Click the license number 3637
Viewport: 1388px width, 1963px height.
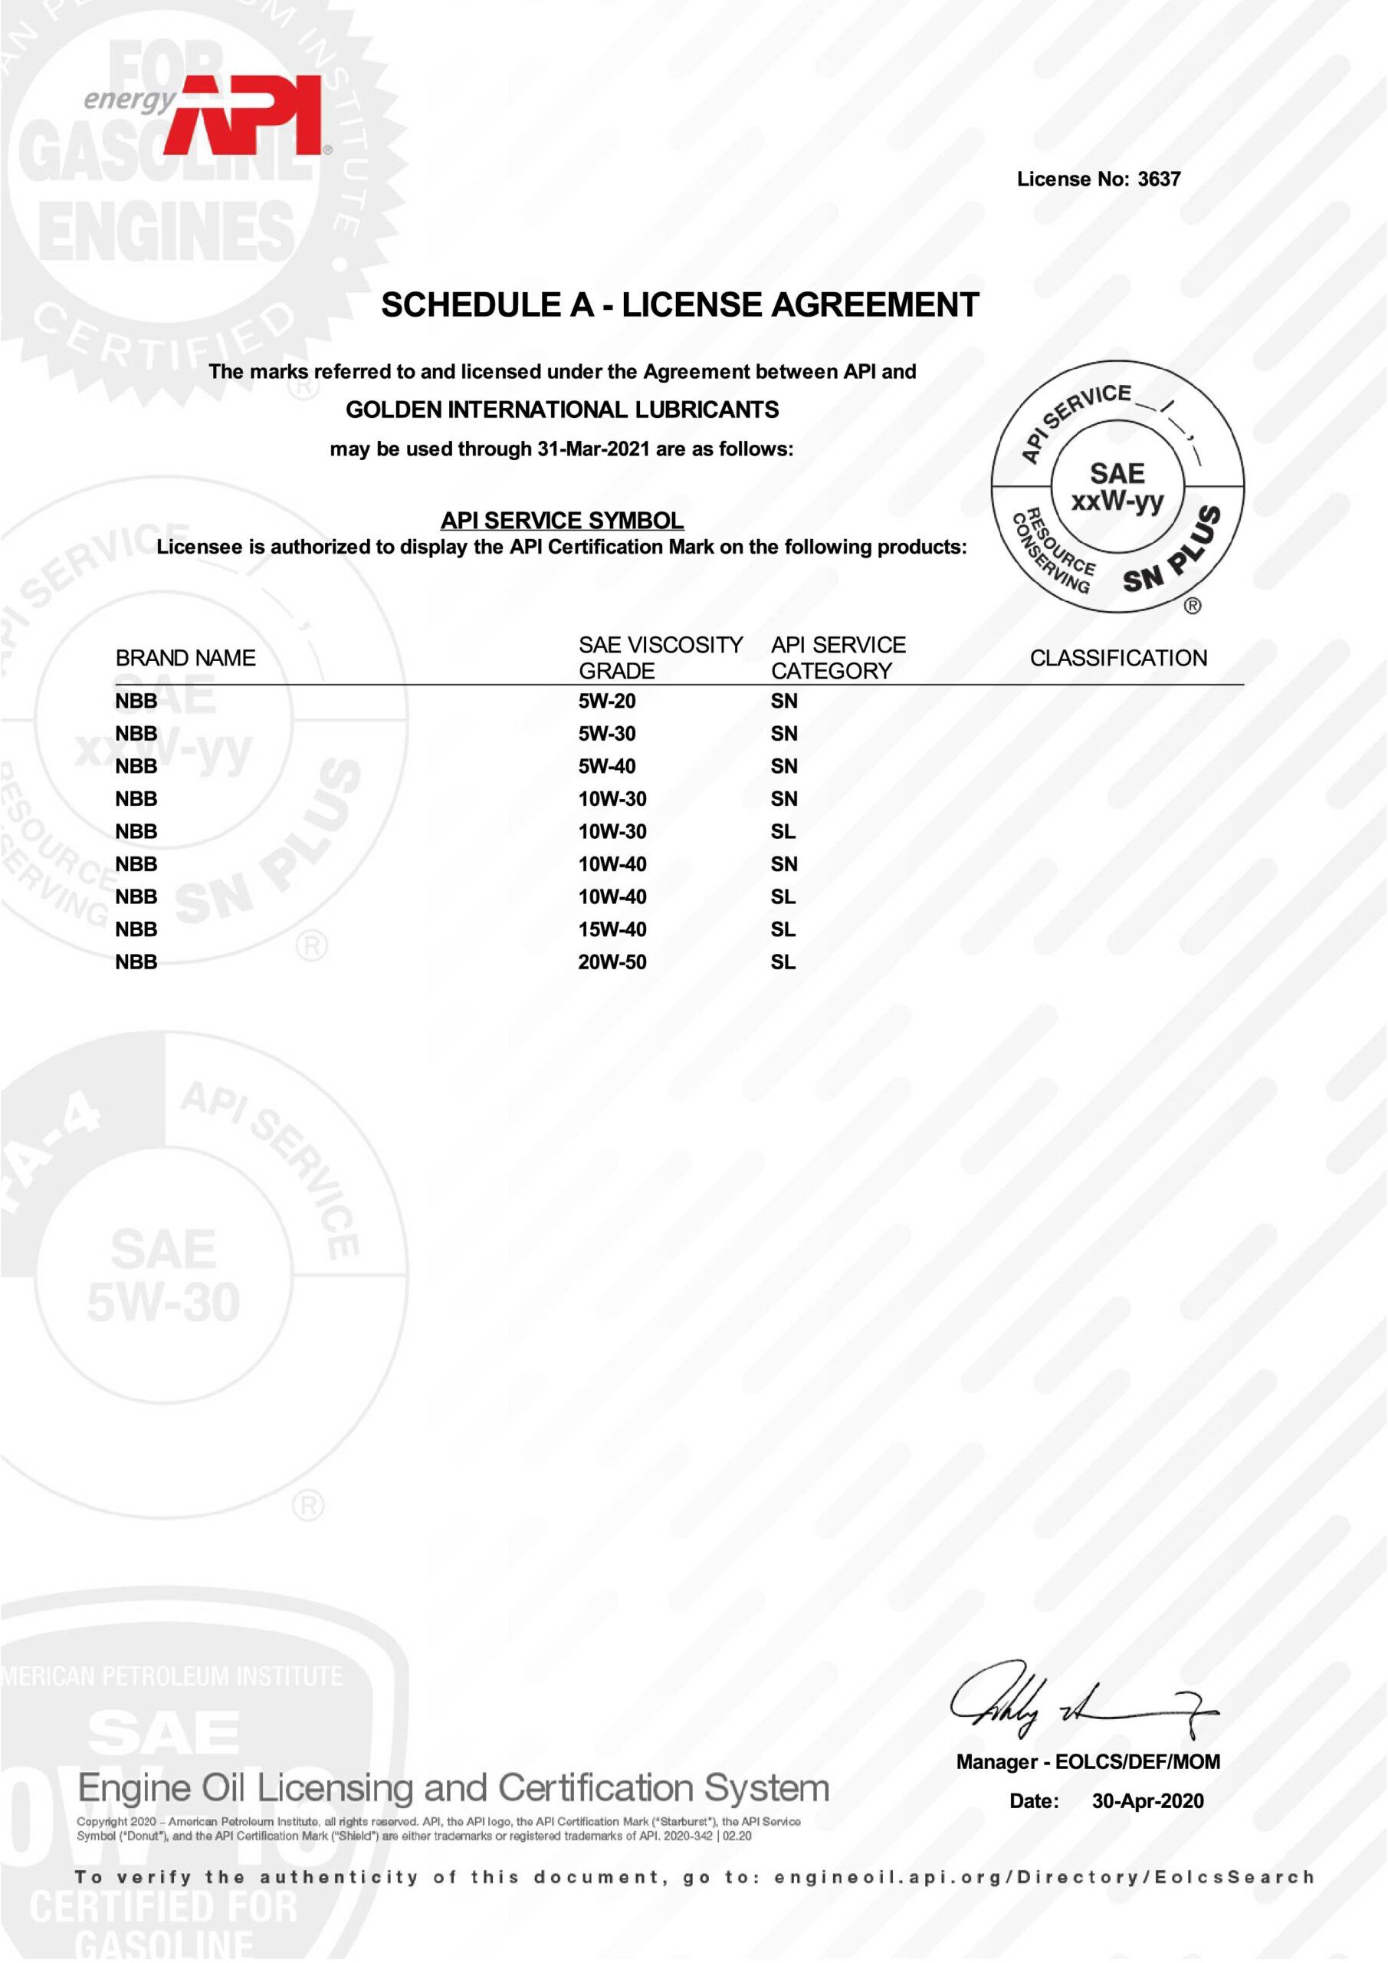coord(1158,179)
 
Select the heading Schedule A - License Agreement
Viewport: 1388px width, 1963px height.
coord(680,305)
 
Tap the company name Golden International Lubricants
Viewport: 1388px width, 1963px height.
coord(562,410)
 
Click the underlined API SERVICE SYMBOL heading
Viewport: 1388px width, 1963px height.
coord(562,520)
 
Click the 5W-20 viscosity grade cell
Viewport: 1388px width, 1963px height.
coord(607,701)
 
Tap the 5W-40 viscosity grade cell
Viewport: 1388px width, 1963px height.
coord(607,766)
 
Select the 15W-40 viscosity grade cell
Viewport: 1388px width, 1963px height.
coord(612,929)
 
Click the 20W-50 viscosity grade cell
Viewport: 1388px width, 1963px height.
coord(612,962)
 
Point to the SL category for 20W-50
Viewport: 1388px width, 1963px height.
coord(783,962)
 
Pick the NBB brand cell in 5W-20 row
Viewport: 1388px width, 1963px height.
coord(136,701)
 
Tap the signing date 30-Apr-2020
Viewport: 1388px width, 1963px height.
coord(1147,1801)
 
